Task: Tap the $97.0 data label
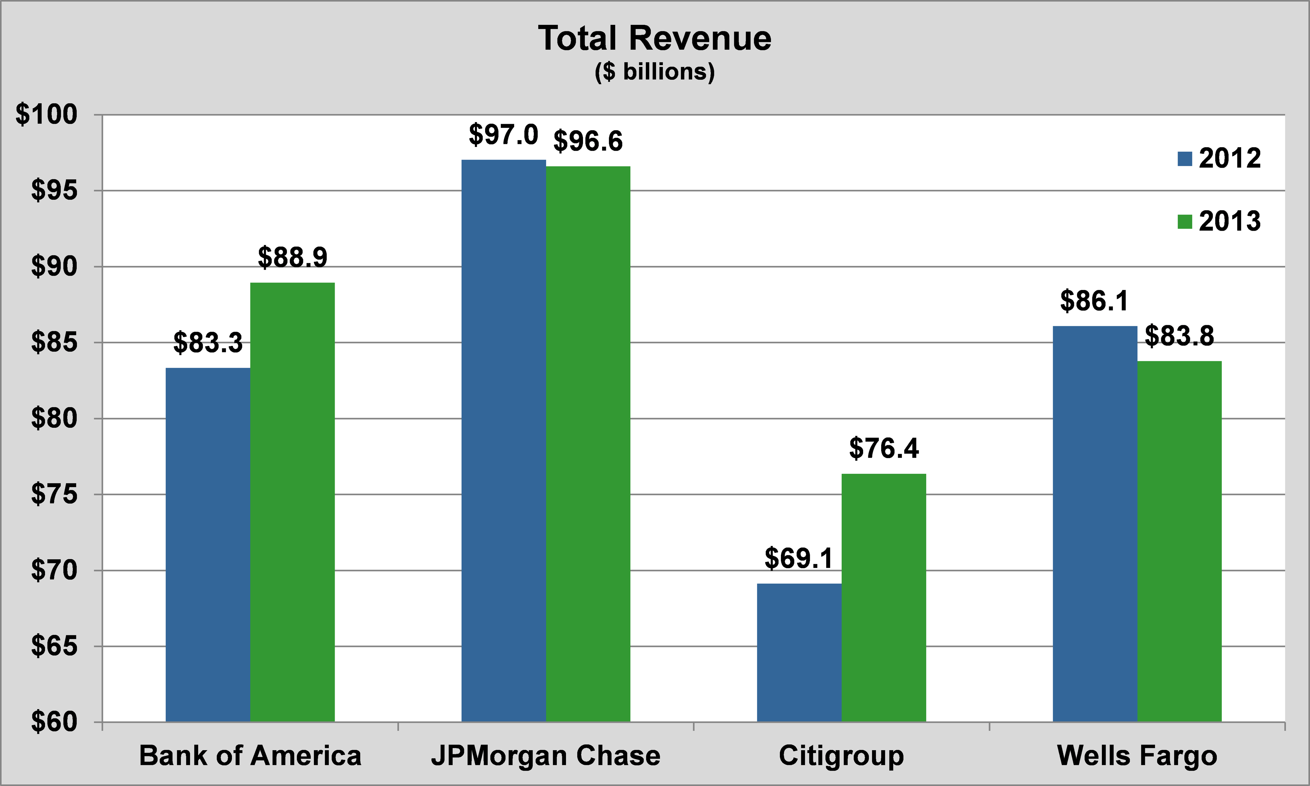504,135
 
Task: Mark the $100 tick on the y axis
47,115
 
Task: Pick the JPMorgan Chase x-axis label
546,756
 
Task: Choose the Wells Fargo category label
1137,756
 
